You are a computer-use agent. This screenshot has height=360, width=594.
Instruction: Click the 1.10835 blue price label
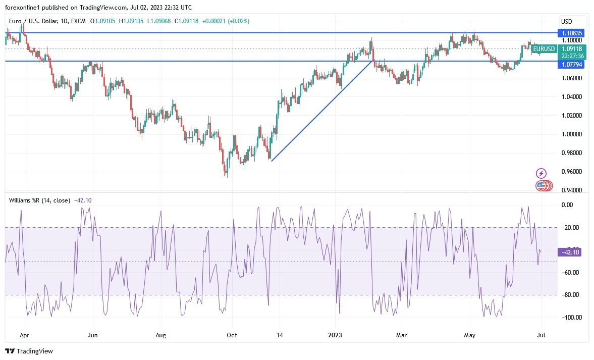point(572,33)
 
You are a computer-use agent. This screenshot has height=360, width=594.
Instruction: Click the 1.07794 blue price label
point(572,65)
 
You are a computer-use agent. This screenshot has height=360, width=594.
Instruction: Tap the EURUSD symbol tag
point(544,49)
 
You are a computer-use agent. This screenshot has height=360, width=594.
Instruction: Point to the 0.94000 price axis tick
point(572,190)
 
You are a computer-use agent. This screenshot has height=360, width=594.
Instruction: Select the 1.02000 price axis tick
point(572,116)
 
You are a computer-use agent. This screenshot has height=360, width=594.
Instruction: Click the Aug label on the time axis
point(160,335)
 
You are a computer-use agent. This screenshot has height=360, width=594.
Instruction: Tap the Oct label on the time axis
point(232,335)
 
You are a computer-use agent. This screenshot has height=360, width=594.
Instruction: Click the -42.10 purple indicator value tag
point(570,252)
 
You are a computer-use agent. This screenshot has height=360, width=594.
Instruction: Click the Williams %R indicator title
point(40,200)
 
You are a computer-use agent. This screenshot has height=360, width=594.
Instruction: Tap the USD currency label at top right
point(566,22)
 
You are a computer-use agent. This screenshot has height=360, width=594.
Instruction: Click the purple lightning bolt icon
point(541,174)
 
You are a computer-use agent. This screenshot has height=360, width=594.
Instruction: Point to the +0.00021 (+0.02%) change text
point(226,21)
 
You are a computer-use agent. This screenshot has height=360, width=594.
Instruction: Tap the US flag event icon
point(541,186)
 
